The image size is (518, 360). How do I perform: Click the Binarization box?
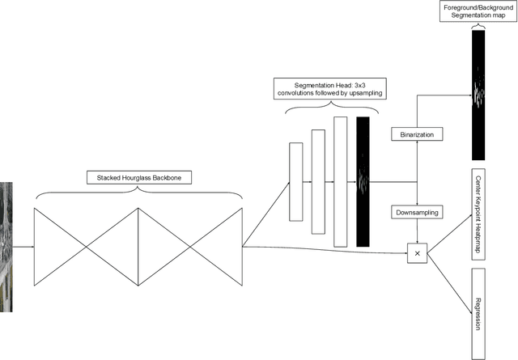417,133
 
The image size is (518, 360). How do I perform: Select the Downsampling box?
417,212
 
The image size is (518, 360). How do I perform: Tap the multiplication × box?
417,253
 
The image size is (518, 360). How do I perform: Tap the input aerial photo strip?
6,247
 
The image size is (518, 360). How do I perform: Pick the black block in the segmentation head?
362,181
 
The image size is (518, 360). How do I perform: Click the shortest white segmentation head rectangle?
295,181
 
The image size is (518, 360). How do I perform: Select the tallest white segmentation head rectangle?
340,181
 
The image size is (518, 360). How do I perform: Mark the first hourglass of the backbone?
86,246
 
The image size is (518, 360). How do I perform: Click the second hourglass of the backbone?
190,246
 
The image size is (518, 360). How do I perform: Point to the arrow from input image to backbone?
23,247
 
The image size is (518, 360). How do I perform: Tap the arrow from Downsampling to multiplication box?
417,232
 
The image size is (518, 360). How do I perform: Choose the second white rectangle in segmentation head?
317,181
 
